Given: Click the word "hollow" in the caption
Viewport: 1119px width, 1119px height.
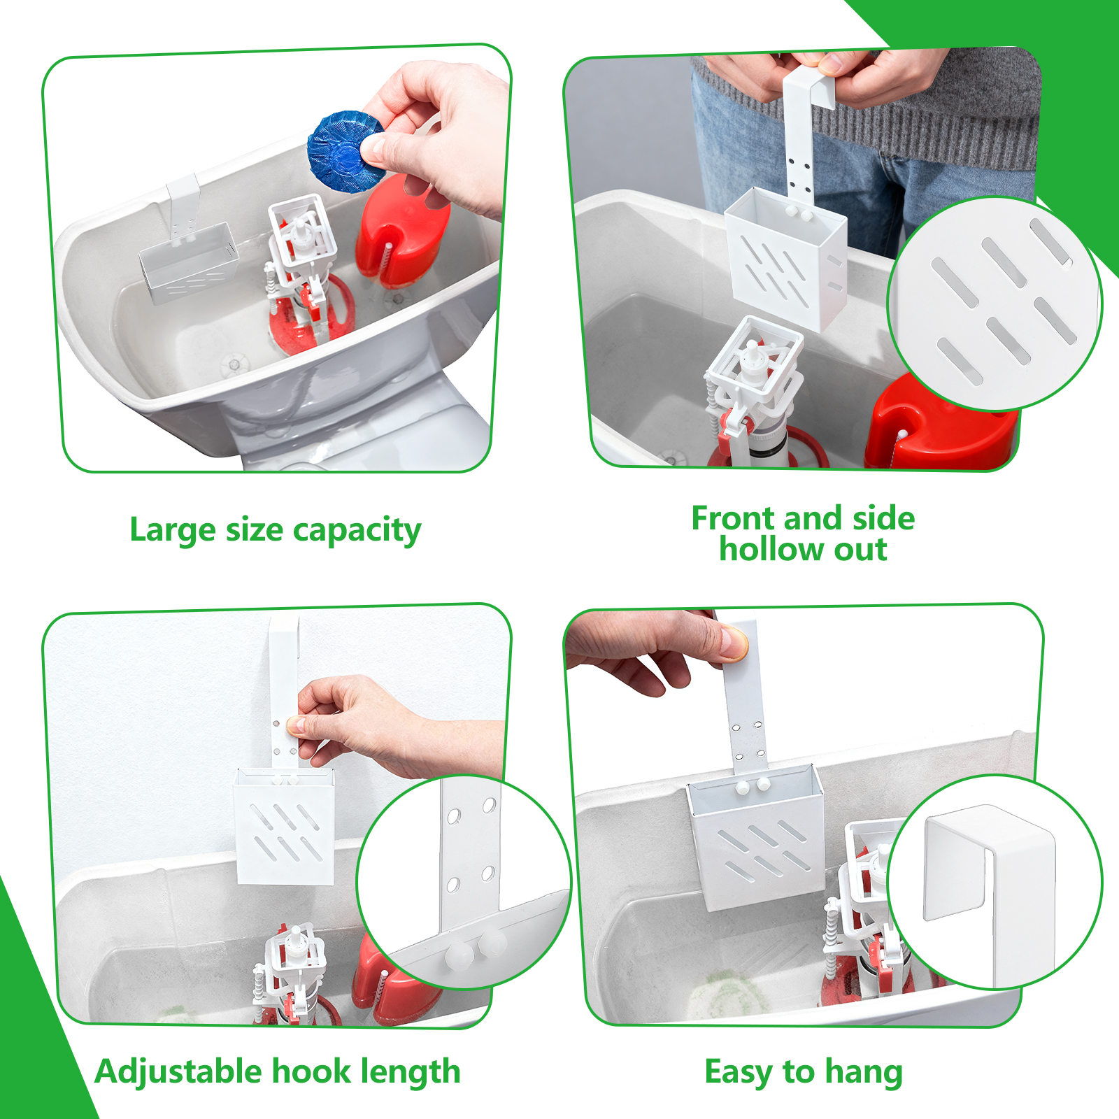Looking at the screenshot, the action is click(770, 550).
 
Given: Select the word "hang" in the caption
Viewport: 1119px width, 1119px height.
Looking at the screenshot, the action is click(864, 1073).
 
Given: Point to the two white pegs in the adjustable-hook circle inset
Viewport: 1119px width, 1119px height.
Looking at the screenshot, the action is click(476, 946).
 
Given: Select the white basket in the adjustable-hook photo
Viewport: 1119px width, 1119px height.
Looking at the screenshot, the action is click(284, 826).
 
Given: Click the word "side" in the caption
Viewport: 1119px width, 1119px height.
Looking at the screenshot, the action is click(883, 518).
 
